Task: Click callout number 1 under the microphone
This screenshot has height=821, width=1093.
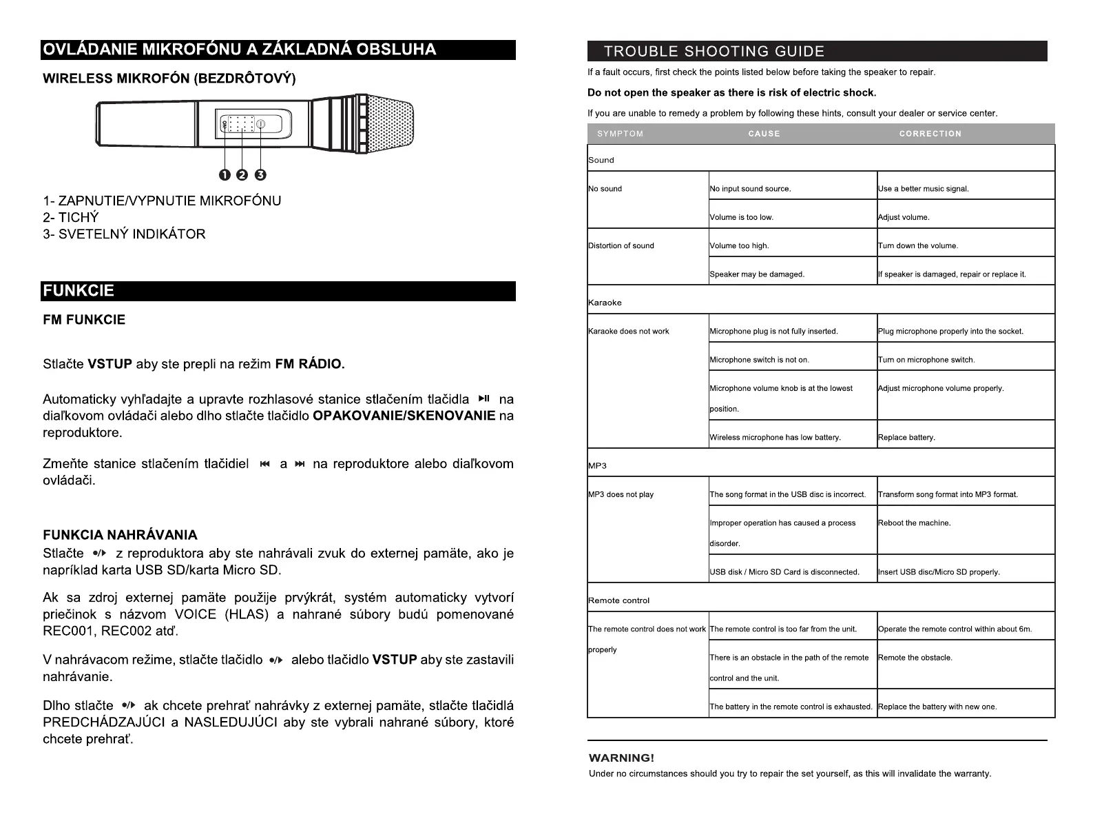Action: (x=225, y=175)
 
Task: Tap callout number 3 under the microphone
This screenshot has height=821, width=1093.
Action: (x=260, y=175)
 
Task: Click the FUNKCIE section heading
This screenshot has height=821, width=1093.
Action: (x=79, y=291)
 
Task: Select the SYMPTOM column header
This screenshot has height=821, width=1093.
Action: (x=620, y=134)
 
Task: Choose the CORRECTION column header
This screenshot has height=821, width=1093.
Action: (x=930, y=134)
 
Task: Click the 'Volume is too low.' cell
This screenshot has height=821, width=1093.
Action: (x=742, y=217)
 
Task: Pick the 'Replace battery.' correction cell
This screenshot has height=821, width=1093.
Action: (x=906, y=437)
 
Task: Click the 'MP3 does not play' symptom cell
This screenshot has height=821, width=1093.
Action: (x=621, y=494)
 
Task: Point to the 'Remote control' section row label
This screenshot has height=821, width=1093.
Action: (x=618, y=600)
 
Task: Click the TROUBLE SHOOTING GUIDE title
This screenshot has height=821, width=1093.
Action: (x=714, y=52)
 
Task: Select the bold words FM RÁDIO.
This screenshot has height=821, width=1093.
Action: (x=309, y=364)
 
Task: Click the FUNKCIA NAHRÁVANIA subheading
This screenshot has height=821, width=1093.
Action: (x=120, y=535)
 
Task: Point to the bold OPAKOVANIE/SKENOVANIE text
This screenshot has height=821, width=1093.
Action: (x=404, y=416)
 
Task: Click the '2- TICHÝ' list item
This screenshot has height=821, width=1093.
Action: (x=71, y=217)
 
